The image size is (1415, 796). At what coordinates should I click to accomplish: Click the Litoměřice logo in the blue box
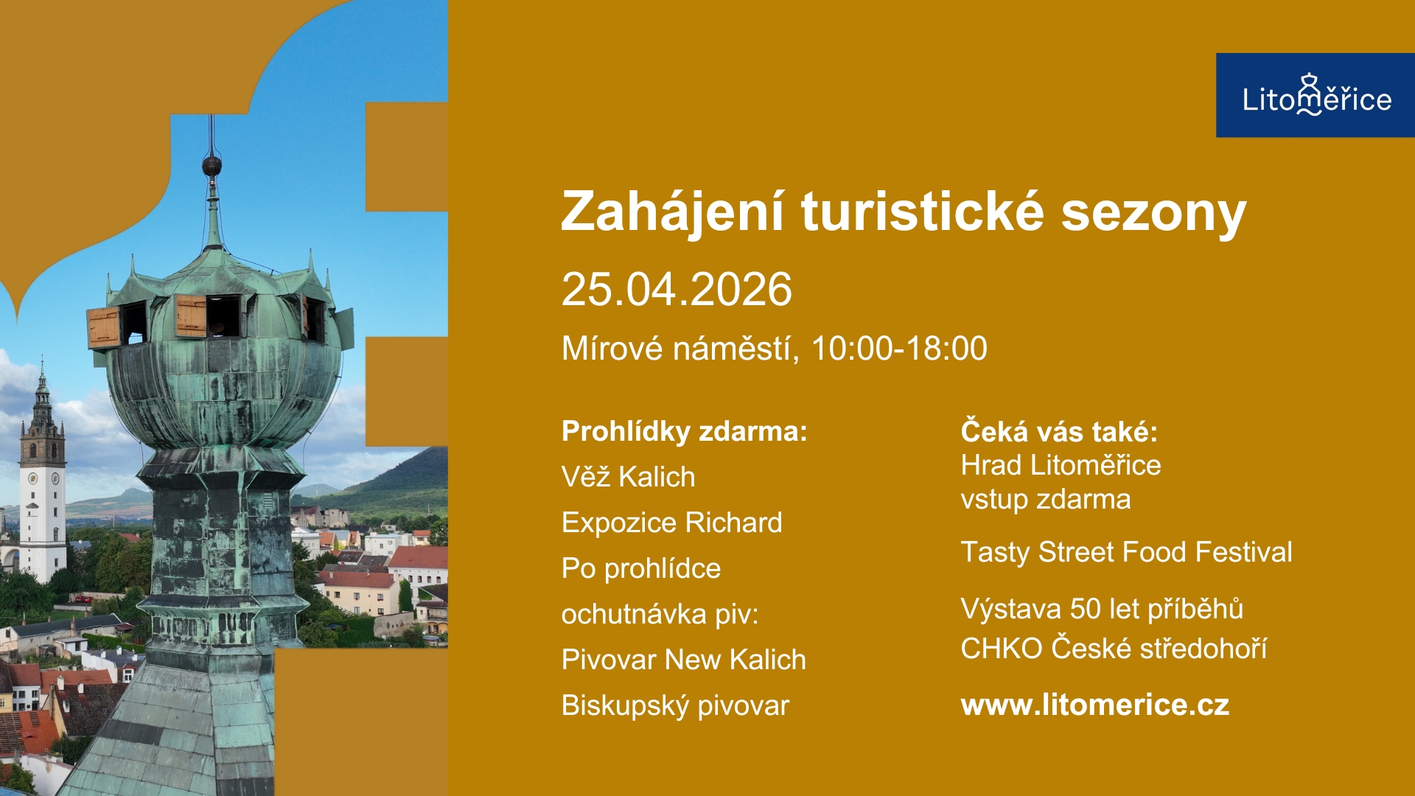tap(1316, 97)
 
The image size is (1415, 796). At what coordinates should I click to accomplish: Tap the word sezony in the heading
tap(1153, 212)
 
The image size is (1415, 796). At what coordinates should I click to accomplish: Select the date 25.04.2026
tap(676, 289)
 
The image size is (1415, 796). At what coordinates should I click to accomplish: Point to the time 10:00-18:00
tap(898, 349)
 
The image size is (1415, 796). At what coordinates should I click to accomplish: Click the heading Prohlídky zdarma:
tap(684, 431)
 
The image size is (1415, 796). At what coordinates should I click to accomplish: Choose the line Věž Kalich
tap(628, 477)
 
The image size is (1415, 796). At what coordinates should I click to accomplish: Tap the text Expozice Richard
tap(671, 523)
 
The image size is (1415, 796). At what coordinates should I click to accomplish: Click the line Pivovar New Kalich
tap(683, 660)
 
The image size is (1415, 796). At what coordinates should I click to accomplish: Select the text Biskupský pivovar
tap(675, 705)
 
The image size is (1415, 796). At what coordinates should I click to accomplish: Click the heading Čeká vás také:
tap(1058, 432)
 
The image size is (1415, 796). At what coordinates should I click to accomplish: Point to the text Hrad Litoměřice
tap(1060, 465)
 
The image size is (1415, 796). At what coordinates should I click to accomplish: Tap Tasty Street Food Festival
tap(1125, 552)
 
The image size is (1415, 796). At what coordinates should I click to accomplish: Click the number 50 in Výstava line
tap(1085, 609)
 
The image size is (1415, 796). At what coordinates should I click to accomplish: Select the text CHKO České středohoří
tap(1113, 649)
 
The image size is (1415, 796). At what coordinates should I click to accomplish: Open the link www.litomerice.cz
tap(1094, 705)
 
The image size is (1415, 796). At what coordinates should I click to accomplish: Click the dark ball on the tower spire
tap(212, 165)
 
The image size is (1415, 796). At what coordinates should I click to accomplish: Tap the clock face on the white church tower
tap(32, 478)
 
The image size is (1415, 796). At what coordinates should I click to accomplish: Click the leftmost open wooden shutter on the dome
tap(103, 327)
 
